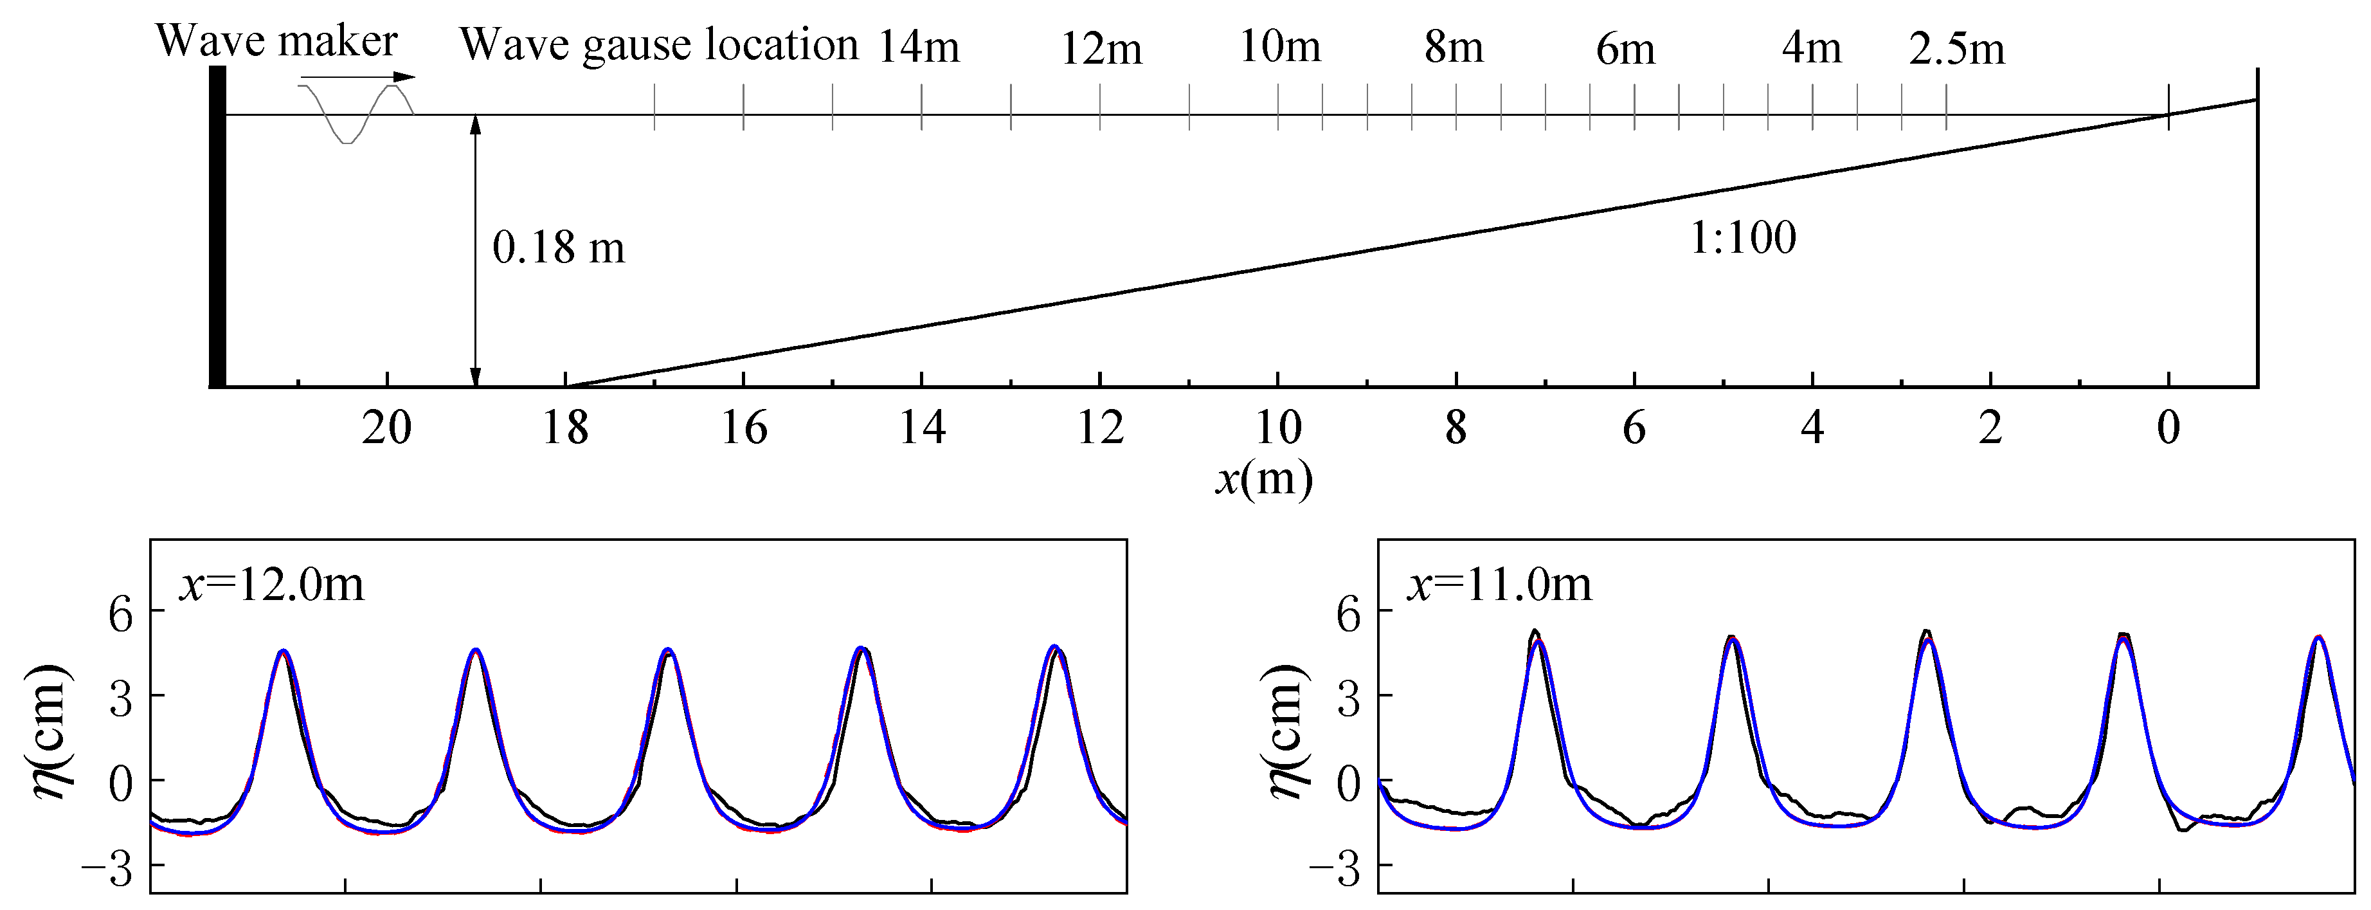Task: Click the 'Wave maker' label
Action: [x=276, y=41]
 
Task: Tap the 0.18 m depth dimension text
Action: [x=558, y=248]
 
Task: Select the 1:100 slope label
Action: [x=1742, y=239]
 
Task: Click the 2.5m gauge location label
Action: [x=1956, y=48]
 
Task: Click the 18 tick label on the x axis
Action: [x=564, y=428]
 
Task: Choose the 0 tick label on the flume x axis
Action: [x=2168, y=428]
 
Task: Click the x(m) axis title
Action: [x=1263, y=478]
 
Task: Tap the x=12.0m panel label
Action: [x=271, y=584]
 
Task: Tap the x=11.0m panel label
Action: [x=1499, y=584]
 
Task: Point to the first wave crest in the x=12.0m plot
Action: [x=284, y=651]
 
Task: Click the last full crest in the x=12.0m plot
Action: [x=1055, y=648]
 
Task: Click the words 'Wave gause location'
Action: [x=658, y=44]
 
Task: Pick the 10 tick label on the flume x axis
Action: [x=1277, y=428]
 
